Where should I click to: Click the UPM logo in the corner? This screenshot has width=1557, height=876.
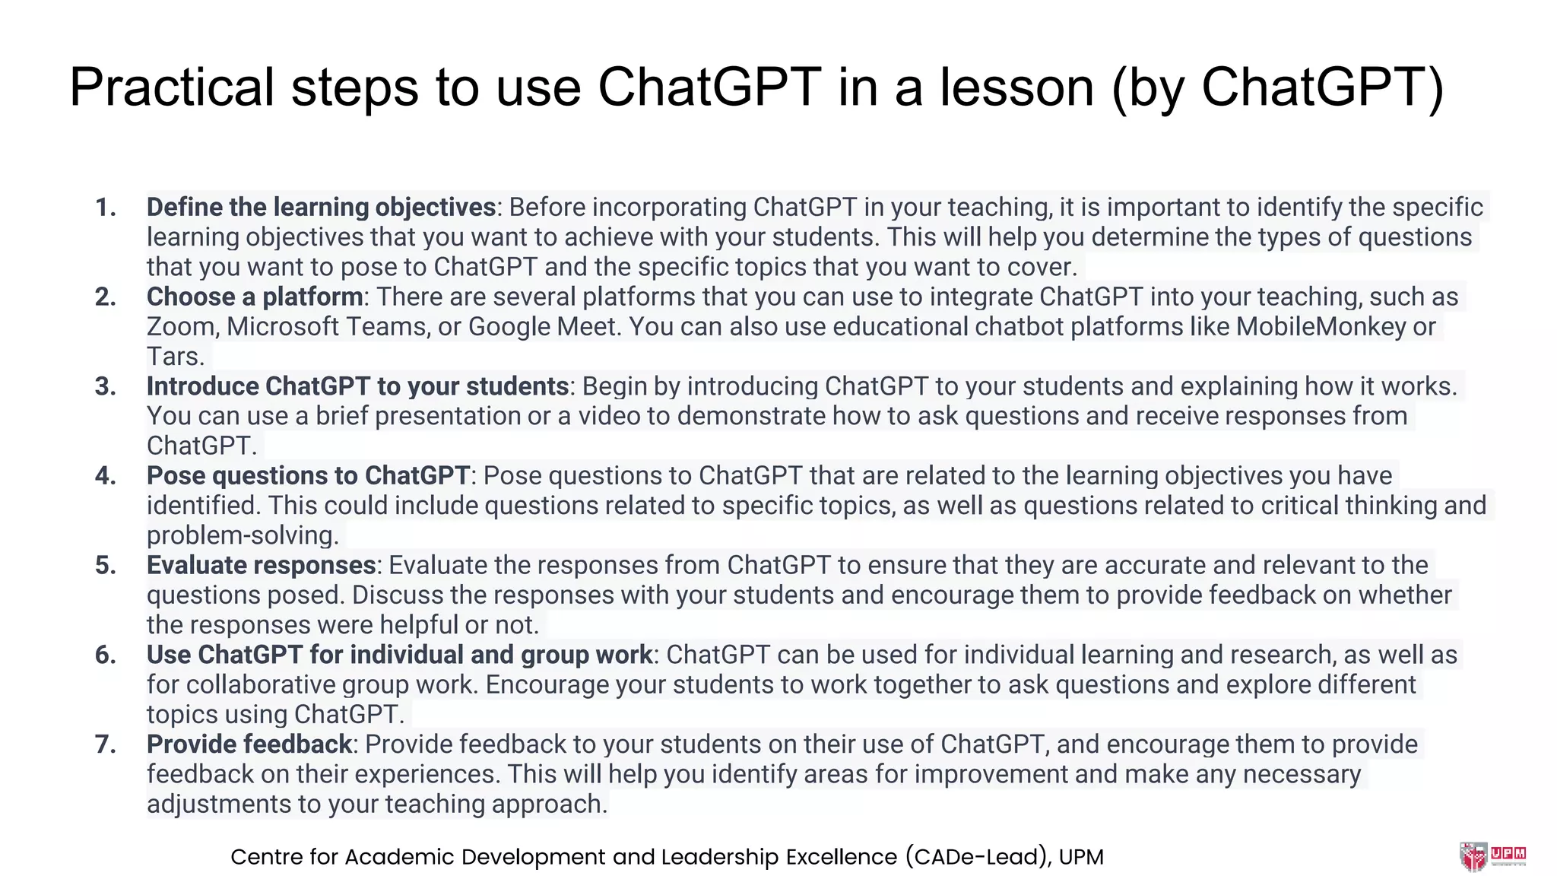click(1492, 855)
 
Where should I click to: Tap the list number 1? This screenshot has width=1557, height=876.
click(106, 207)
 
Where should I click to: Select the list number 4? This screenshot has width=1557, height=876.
click(106, 475)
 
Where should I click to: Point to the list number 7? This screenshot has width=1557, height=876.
click(106, 744)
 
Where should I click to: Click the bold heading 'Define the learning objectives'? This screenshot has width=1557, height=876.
click(321, 207)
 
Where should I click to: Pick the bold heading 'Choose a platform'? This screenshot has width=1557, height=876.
click(255, 297)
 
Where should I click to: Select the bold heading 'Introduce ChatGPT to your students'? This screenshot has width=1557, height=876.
click(357, 386)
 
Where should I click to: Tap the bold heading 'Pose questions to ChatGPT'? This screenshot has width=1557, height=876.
click(308, 475)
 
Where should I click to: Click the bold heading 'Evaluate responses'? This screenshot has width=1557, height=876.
click(261, 565)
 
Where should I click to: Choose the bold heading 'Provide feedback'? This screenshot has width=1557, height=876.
click(249, 744)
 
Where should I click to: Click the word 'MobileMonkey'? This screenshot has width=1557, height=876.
click(1321, 326)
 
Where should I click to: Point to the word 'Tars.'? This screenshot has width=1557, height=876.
click(176, 356)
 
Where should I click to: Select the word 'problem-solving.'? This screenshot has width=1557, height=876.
click(243, 535)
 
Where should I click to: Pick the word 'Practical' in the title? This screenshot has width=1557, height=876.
click(171, 87)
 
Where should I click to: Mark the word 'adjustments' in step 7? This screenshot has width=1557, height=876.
click(226, 804)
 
